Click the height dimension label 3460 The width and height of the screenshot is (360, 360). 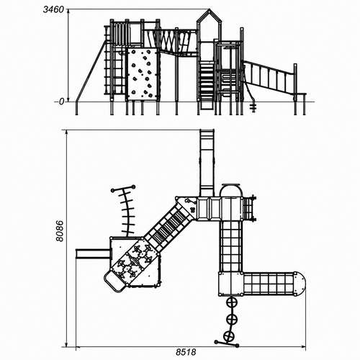coord(53,9)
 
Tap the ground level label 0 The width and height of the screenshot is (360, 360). coord(62,102)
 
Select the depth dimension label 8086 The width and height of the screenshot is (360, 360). coord(60,231)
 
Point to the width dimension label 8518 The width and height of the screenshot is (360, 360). coord(186,352)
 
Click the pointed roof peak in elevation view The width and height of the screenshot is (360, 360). coord(209,11)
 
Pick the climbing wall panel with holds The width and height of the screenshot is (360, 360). coord(142,73)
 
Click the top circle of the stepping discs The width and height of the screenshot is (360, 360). coord(232,303)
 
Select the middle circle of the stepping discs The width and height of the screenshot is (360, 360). coord(232,319)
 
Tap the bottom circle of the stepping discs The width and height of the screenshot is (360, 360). coord(228,336)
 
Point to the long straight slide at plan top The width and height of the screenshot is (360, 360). coord(207,163)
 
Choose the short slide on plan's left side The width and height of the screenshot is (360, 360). coord(93,254)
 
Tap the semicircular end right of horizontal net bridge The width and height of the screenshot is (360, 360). coord(300,284)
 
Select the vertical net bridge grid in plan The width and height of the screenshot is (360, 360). coord(230,246)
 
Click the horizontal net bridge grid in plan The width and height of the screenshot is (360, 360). coord(269,284)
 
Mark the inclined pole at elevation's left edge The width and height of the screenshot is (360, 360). coord(91,71)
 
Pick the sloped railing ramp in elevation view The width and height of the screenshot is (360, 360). coord(269,77)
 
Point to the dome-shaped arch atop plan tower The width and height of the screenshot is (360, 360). coord(231,189)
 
